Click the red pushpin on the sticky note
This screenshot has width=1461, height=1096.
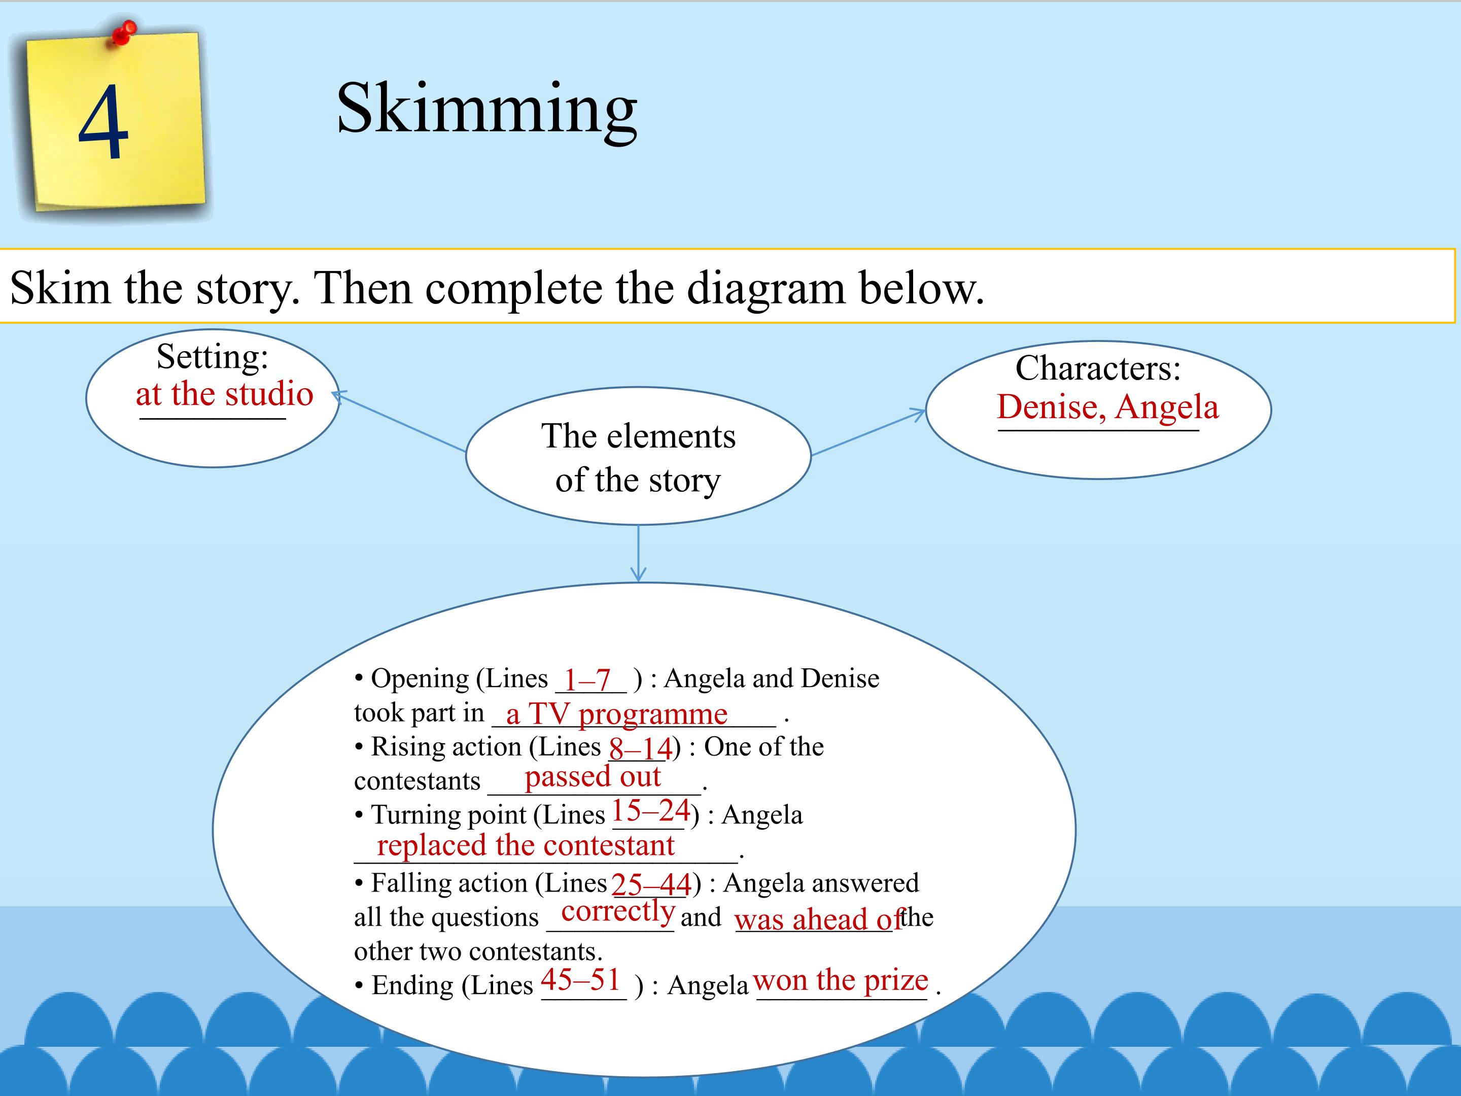point(123,32)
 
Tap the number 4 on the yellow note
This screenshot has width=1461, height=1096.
point(103,122)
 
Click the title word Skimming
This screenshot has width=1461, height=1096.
point(487,109)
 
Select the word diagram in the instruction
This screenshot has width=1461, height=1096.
point(766,289)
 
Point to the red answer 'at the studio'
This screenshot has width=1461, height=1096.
point(225,394)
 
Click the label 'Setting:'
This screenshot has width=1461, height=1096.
point(213,357)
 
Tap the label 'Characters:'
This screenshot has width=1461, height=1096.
point(1098,368)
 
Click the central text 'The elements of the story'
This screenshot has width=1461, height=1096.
point(638,458)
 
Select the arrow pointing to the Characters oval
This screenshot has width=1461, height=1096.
point(868,432)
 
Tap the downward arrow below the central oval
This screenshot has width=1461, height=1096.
point(638,554)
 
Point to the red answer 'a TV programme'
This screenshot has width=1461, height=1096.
point(617,714)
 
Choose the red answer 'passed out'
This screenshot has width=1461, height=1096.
point(593,776)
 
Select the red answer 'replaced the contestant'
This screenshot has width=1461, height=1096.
point(526,846)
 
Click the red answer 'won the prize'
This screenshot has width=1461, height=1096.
point(841,980)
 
